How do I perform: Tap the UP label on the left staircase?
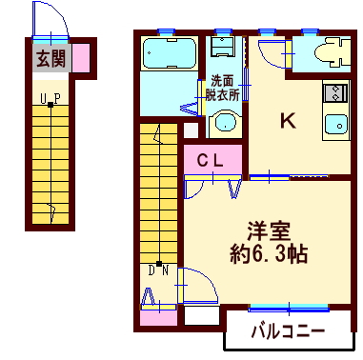click(x=50, y=98)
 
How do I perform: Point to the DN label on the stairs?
click(x=157, y=269)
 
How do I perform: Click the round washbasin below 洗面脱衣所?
click(x=225, y=123)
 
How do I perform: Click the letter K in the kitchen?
click(x=286, y=121)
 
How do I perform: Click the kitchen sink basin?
click(x=336, y=125)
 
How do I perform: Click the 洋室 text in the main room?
click(x=269, y=231)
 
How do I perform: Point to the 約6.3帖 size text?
click(x=269, y=254)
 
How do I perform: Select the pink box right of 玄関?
click(x=82, y=59)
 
